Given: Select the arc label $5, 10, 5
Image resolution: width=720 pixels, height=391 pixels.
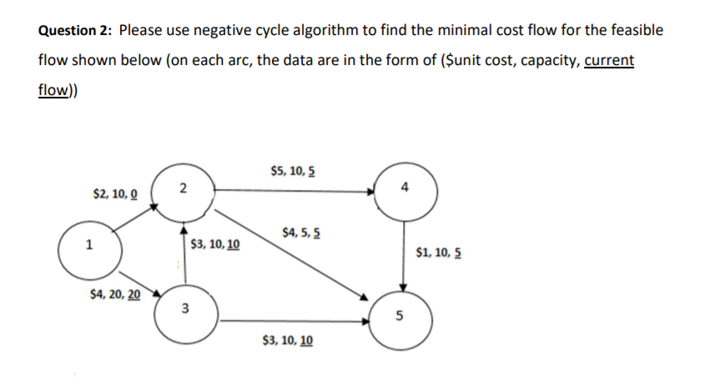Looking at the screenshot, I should (293, 173).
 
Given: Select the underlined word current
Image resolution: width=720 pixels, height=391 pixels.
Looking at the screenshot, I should (609, 61).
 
